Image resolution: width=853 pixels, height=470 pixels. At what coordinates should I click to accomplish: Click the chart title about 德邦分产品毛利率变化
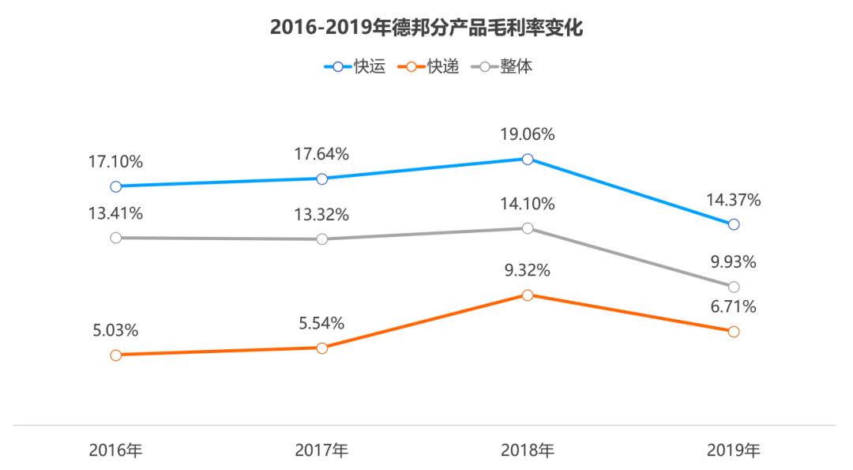pos(426,28)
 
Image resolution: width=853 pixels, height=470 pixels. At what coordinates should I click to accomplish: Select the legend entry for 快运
pos(355,67)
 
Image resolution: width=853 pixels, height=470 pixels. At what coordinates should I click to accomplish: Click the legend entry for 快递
pos(427,67)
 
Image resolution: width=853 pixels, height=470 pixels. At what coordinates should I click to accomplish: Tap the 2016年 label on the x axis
pos(115,451)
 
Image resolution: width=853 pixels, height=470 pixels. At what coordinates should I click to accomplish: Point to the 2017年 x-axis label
pos(321,451)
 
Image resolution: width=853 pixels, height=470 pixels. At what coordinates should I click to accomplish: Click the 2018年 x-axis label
pos(528,451)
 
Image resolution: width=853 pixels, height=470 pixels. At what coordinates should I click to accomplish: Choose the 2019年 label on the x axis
pos(733,451)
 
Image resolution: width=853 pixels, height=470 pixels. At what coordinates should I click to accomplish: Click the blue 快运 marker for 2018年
pos(528,159)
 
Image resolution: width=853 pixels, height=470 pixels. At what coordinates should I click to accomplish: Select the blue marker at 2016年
pos(116,186)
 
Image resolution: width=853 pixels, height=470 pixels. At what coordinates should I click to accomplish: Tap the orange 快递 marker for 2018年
pos(528,295)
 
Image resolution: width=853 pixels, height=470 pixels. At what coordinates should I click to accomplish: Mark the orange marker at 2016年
pos(116,355)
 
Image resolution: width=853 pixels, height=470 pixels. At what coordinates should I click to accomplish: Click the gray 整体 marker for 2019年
pos(734,287)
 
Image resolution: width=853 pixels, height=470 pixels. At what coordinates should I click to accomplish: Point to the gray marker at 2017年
pos(322,239)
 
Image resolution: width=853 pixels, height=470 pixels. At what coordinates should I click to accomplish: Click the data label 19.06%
pos(528,134)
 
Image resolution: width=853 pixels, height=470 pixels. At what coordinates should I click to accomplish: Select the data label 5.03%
pos(115,330)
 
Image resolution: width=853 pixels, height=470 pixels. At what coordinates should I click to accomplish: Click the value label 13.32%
pos(321,215)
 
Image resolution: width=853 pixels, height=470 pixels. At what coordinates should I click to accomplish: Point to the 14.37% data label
pos(734,201)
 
